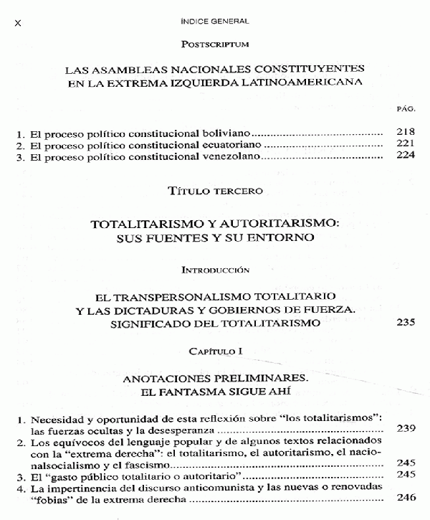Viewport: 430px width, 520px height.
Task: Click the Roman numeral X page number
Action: [x=19, y=24]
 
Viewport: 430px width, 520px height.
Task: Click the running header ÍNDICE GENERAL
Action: [x=214, y=22]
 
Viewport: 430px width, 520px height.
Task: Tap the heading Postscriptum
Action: [x=214, y=44]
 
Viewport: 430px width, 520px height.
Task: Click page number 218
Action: [x=405, y=133]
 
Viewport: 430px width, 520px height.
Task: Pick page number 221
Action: [x=405, y=144]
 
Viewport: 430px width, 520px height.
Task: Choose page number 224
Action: [x=405, y=156]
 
